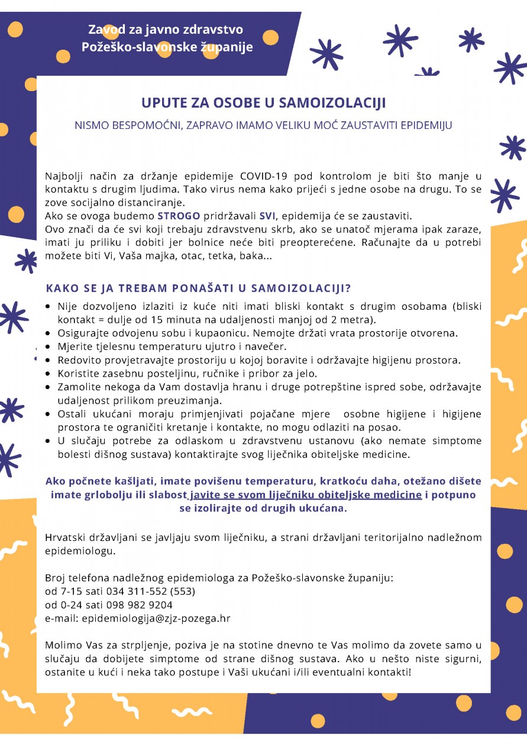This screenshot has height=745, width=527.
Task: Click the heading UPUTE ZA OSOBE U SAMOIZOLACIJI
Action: pos(263,103)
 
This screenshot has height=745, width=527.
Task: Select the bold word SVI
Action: pos(267,215)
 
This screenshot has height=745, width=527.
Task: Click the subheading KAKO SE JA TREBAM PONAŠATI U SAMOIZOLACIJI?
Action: pos(199,289)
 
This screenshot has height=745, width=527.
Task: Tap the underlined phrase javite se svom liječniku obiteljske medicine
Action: pos(306,495)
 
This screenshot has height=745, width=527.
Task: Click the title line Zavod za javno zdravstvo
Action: pos(166,30)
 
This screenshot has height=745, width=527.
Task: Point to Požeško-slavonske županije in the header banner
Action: pos(167,47)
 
